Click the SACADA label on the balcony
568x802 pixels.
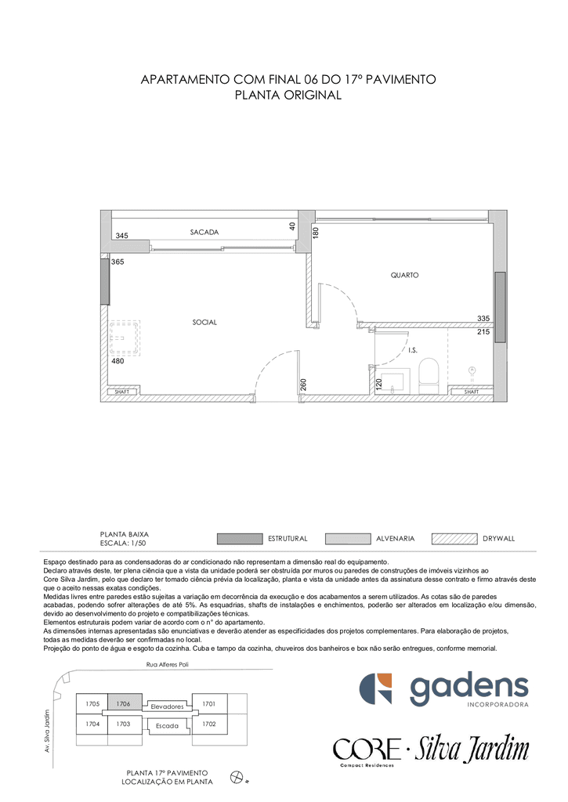204,232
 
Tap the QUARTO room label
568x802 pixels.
404,275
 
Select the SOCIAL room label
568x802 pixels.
204,322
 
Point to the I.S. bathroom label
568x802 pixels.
412,350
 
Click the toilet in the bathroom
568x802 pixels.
429,376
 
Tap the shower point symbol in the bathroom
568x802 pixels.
472,370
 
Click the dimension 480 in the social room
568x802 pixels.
118,361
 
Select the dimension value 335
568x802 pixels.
483,318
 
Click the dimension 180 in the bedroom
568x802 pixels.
316,233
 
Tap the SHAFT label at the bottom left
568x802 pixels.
121,392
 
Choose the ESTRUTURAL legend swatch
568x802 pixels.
240,539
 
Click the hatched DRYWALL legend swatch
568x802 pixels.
454,539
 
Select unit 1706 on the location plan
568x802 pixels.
123,704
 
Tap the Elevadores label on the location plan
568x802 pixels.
167,706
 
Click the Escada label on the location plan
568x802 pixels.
167,726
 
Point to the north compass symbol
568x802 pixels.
237,778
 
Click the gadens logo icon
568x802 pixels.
375,688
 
